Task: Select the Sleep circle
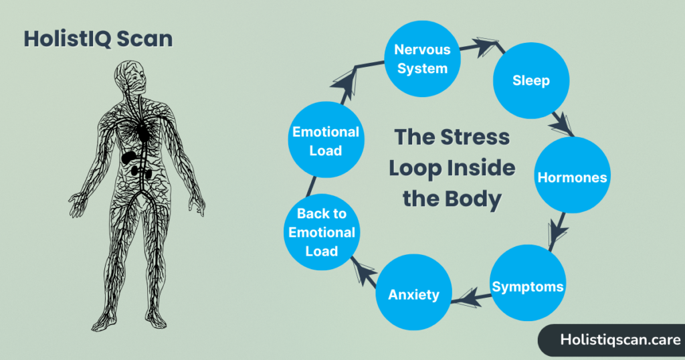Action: pos(530,81)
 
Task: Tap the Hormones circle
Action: pos(572,178)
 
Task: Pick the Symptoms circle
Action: pos(528,287)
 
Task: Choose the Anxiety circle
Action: pos(414,294)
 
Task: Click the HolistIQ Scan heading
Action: pos(98,39)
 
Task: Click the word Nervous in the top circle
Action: pos(422,50)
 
